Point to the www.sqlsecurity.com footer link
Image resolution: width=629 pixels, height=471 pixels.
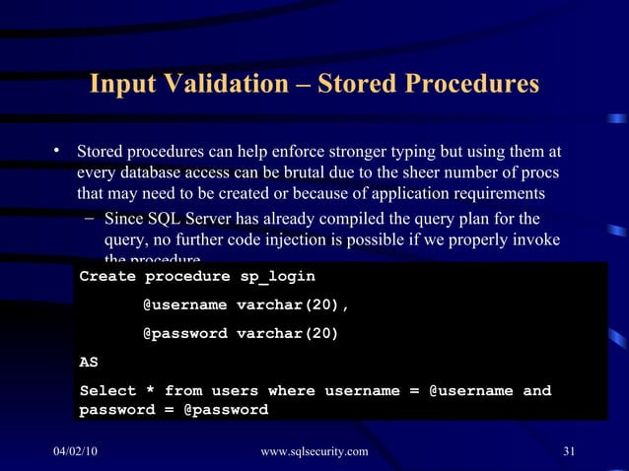pos(314,451)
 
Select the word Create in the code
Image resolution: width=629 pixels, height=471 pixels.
pos(107,277)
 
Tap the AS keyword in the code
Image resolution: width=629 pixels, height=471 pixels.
pos(89,362)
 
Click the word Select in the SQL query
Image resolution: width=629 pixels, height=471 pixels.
pos(107,391)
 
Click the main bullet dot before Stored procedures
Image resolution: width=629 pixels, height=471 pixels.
pos(58,152)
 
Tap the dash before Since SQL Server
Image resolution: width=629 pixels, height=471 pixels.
pos(90,218)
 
